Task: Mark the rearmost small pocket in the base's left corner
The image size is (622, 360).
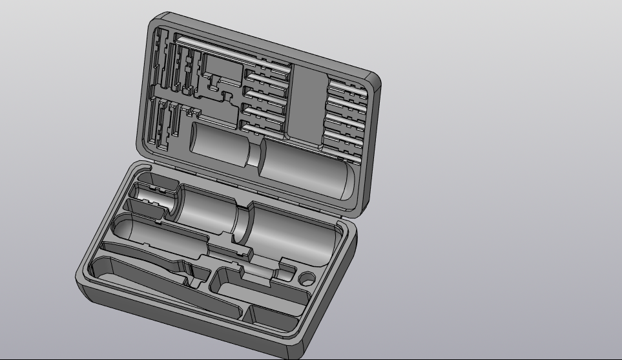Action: (155, 181)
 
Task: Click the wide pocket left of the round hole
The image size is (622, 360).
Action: (258, 288)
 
